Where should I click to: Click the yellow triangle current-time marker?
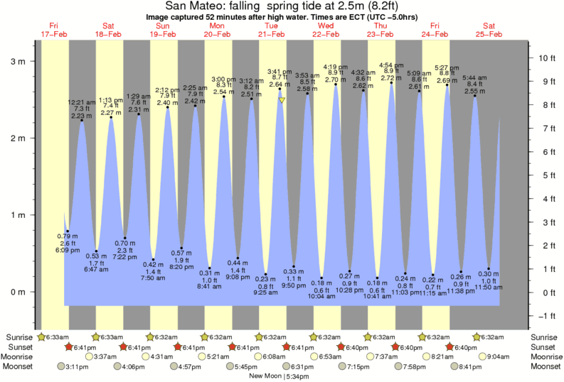pyautogui.click(x=282, y=101)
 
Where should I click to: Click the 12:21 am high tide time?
pyautogui.click(x=82, y=103)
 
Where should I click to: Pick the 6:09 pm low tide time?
pyautogui.click(x=68, y=251)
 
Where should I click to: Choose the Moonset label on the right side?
pyautogui.click(x=545, y=366)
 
